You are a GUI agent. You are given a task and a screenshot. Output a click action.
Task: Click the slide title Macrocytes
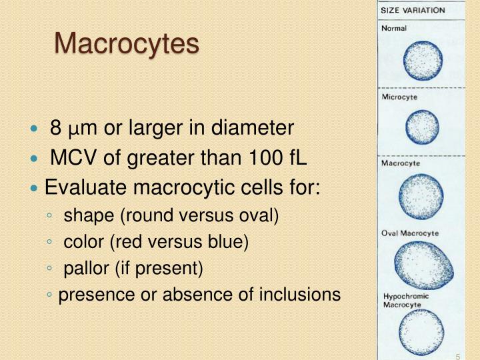[127, 44]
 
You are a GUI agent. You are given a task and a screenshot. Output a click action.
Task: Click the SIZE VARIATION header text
[413, 11]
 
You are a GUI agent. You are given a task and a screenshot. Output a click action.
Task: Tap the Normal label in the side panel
[394, 29]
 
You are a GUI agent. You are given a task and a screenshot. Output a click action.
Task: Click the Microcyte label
[399, 97]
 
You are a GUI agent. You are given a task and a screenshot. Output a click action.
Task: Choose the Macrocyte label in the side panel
[401, 163]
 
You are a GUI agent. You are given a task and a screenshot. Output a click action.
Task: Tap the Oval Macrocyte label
[410, 233]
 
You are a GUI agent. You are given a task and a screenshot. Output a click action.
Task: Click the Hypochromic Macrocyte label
[406, 300]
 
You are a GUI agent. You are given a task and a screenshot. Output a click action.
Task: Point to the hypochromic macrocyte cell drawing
[421, 333]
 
